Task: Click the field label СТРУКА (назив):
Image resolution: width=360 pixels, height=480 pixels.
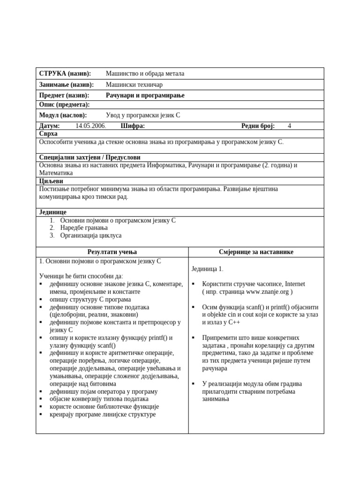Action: (x=65, y=74)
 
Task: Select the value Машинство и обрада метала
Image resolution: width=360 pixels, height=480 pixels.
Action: (x=145, y=74)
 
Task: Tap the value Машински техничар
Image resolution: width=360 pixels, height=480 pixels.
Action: (x=134, y=85)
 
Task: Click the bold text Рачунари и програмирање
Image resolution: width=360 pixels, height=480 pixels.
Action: (x=145, y=96)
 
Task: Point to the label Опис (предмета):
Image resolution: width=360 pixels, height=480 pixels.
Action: (x=64, y=105)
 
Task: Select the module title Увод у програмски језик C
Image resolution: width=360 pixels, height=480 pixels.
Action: (x=142, y=115)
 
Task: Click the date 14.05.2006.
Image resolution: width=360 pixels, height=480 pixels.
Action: (x=90, y=126)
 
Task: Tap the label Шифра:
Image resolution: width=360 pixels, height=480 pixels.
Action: (x=133, y=126)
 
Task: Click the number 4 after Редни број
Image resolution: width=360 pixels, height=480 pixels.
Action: (x=289, y=126)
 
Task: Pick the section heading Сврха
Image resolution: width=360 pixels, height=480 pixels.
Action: (x=48, y=134)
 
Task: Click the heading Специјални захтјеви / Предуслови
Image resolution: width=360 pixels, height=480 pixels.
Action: (x=90, y=157)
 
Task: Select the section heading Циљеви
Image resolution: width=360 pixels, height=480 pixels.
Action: (x=51, y=181)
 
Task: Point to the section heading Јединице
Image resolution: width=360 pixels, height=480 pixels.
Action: (x=52, y=212)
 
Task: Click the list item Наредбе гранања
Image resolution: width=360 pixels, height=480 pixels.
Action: (x=84, y=228)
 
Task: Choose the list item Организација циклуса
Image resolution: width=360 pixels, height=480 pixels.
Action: (x=90, y=236)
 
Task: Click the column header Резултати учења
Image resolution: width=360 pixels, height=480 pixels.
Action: (x=112, y=252)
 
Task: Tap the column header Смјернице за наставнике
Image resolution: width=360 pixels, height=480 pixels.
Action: (x=256, y=252)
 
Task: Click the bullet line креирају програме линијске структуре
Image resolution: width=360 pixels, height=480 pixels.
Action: (x=103, y=414)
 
